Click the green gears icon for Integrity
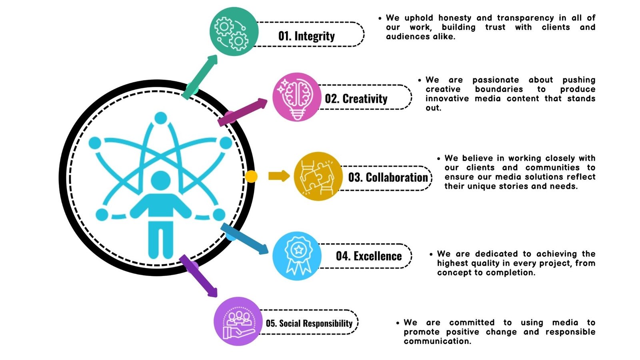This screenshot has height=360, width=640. (x=234, y=31)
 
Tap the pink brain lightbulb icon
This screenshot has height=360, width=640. (x=296, y=97)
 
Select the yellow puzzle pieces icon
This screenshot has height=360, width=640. (x=318, y=176)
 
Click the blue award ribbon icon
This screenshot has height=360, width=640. (x=297, y=256)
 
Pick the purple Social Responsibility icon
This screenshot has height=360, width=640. (x=238, y=321)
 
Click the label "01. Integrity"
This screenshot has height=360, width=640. (x=306, y=36)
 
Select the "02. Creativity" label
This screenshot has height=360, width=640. (x=356, y=98)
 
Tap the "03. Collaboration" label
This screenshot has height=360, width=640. (x=388, y=177)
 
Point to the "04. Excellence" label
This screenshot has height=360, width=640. (x=368, y=256)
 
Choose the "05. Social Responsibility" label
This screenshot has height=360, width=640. (x=309, y=323)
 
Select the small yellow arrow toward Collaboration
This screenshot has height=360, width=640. (x=279, y=176)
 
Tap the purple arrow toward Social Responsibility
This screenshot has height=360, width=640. (x=199, y=276)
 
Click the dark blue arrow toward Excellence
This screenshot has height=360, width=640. (x=245, y=239)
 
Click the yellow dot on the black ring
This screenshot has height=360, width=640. (x=251, y=176)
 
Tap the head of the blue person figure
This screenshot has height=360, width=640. (x=161, y=180)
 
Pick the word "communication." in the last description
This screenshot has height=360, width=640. (x=437, y=341)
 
